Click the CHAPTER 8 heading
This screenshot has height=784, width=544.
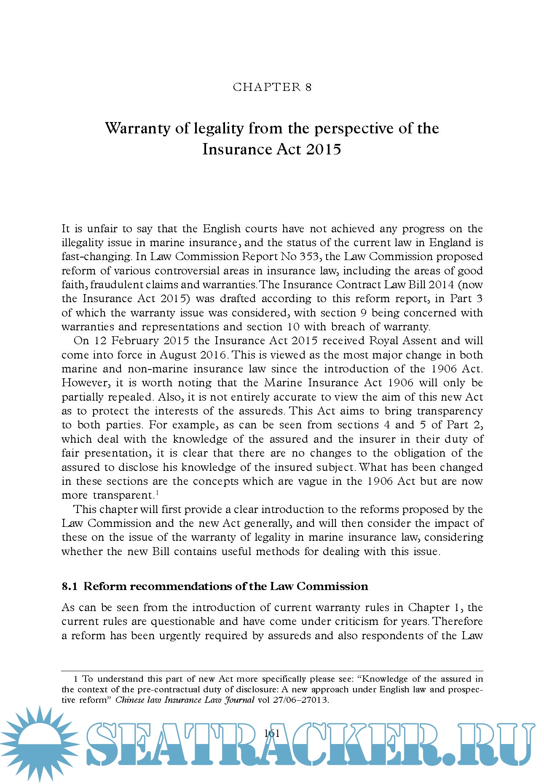click(x=272, y=87)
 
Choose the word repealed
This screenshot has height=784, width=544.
click(x=131, y=397)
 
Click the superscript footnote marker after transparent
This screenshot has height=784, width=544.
click(x=157, y=493)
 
